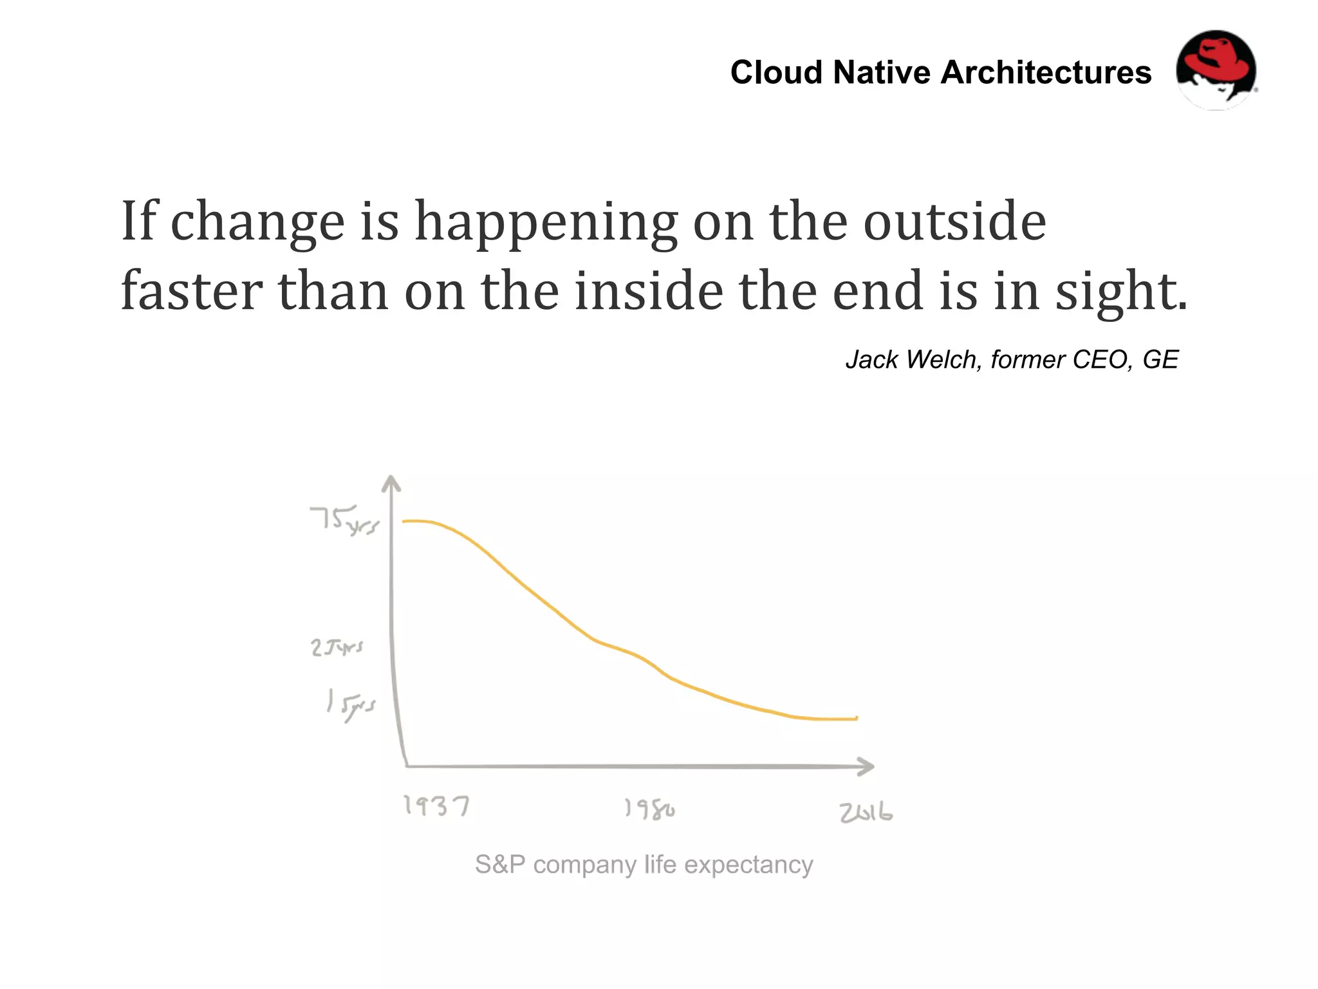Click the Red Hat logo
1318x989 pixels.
1216,70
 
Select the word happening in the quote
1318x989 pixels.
546,222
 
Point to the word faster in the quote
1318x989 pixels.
191,291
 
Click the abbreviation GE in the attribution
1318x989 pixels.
1160,359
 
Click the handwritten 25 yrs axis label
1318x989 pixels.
337,646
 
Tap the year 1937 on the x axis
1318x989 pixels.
436,805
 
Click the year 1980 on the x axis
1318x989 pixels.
649,809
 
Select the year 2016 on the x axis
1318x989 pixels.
866,813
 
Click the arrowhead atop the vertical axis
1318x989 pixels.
391,483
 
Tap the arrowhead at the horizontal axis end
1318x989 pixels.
866,766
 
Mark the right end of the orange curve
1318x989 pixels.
856,718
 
